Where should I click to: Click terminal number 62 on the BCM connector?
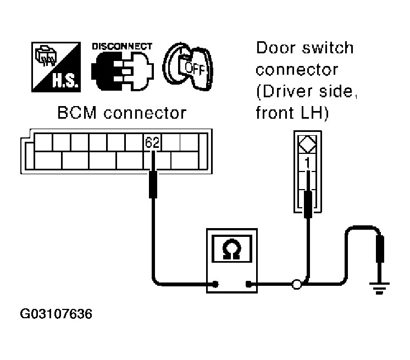(152, 142)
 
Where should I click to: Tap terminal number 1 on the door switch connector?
(308, 163)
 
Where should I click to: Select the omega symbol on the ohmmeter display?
(232, 250)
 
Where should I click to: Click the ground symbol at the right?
(379, 289)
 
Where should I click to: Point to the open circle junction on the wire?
(297, 285)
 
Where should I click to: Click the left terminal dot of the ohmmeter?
(215, 284)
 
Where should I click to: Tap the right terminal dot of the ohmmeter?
(248, 284)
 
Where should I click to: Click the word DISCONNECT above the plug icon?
(122, 46)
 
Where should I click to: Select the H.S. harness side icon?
(56, 67)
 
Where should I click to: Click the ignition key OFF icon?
(188, 67)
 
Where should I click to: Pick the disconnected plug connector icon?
(123, 71)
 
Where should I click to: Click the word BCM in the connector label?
(77, 113)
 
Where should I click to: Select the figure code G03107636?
(56, 314)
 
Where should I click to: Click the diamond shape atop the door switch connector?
(308, 144)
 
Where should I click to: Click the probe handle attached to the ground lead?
(380, 248)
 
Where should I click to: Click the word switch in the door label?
(328, 48)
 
